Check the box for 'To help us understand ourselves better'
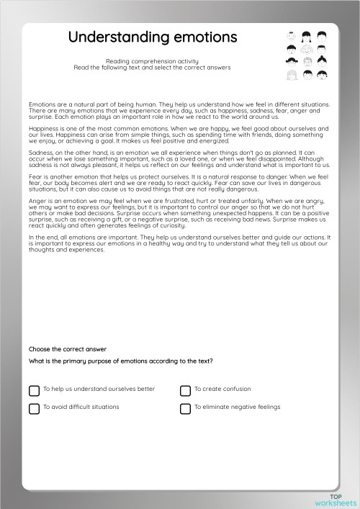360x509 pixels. point(34,390)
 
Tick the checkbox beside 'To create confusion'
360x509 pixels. point(185,390)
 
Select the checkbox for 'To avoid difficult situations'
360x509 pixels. point(34,408)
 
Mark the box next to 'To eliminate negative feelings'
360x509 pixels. point(185,408)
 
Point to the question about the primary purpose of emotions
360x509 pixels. point(120,360)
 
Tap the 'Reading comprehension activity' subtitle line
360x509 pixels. point(151,62)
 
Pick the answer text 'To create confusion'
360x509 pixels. point(222,389)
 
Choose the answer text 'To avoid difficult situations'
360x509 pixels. point(81,407)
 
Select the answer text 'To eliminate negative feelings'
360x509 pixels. point(238,407)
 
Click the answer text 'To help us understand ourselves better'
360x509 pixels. point(99,389)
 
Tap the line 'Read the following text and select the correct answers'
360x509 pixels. point(151,68)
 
